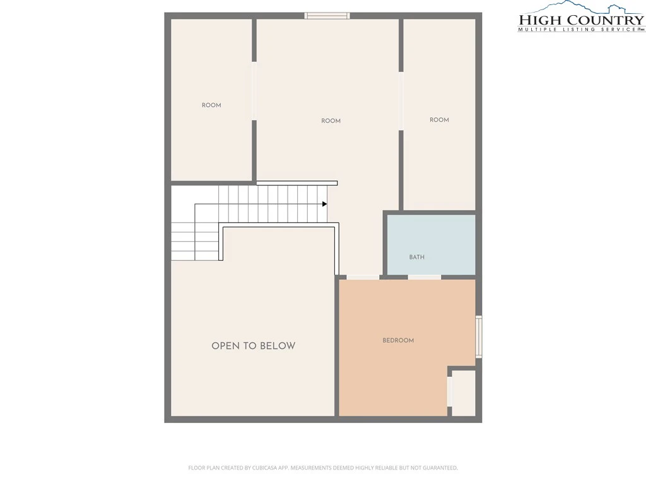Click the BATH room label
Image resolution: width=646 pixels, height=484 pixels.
[416, 257]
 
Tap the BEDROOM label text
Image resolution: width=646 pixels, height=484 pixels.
[398, 340]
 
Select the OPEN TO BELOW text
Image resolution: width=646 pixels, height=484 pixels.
[254, 346]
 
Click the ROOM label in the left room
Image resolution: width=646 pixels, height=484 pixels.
[211, 105]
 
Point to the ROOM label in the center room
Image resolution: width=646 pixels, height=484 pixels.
[331, 121]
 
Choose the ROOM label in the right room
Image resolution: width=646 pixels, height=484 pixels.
[439, 120]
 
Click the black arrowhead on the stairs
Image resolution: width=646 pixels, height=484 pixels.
[325, 204]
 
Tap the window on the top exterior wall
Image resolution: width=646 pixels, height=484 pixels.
[327, 16]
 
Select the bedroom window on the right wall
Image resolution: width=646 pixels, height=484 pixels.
[479, 337]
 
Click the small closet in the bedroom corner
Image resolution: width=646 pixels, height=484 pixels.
[464, 393]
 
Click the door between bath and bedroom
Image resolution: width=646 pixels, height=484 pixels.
[425, 277]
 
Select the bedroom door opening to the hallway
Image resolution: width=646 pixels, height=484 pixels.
[363, 277]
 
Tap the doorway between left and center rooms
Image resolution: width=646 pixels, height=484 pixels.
[254, 91]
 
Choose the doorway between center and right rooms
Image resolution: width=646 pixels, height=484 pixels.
[401, 101]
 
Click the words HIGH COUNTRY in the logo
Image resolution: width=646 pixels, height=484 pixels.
[581, 20]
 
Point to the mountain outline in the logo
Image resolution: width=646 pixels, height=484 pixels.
[581, 7]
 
